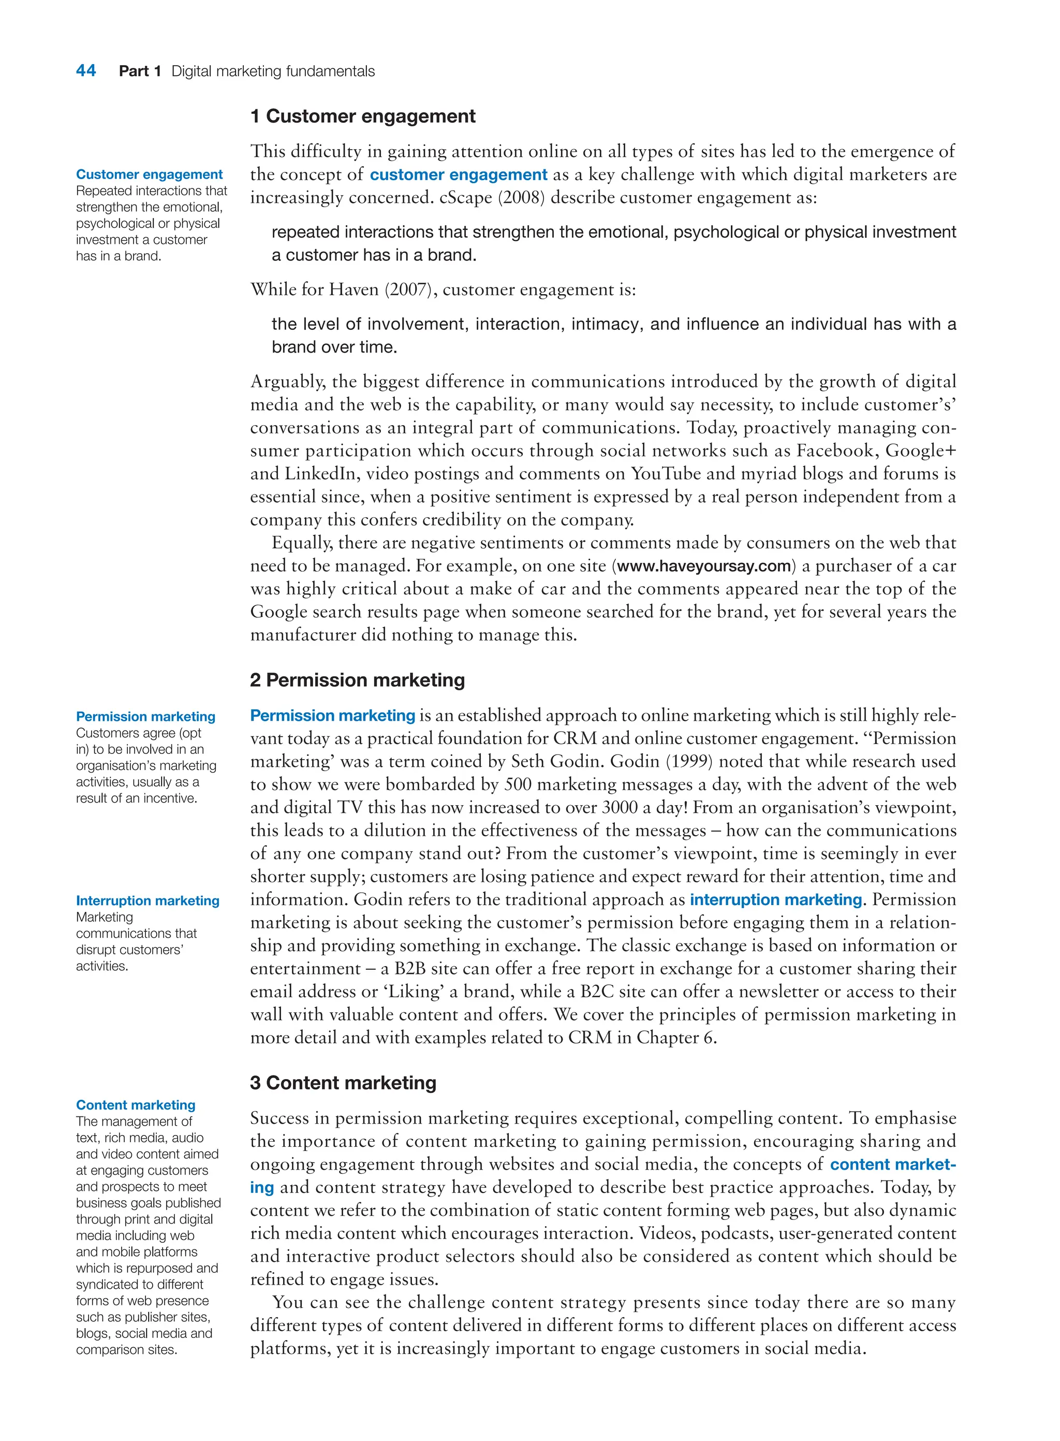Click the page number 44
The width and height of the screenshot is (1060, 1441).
click(x=86, y=70)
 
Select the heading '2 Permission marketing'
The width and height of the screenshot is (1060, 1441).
click(x=358, y=680)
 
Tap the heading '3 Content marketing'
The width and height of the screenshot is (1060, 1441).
click(x=343, y=1083)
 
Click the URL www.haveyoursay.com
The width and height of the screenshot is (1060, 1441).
click(x=704, y=566)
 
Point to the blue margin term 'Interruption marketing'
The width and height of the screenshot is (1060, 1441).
click(x=148, y=900)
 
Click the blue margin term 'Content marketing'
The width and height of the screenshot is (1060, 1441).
click(x=136, y=1104)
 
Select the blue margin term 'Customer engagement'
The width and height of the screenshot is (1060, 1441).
click(x=149, y=174)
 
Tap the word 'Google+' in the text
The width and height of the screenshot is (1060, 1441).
click(x=920, y=450)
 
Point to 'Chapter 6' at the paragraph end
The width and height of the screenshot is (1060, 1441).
click(x=674, y=1038)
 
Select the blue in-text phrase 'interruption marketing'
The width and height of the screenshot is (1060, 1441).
click(x=776, y=900)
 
